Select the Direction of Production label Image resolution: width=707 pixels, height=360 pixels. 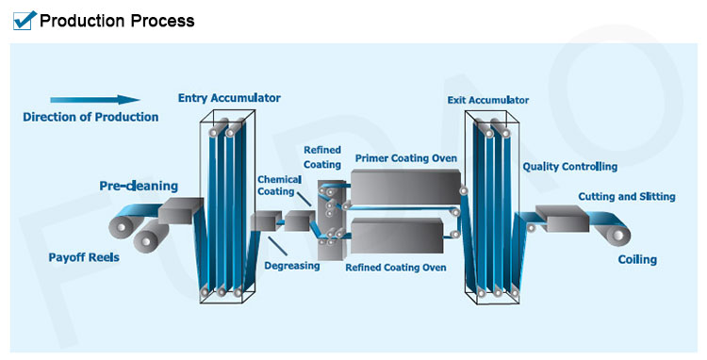pos(90,117)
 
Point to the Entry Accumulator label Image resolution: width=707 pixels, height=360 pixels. pos(229,97)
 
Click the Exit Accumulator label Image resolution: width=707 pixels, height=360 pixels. pos(487,99)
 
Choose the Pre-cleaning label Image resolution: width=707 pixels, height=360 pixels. pos(139,186)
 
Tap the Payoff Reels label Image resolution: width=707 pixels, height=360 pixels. pos(84,256)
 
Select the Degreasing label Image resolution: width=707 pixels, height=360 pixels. pos(292,266)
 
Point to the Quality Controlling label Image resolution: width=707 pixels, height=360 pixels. pos(569,167)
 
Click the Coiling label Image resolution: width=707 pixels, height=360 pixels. pos(637,259)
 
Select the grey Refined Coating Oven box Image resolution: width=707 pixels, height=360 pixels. pos(396,235)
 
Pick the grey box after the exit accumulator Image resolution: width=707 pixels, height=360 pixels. pos(562,221)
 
